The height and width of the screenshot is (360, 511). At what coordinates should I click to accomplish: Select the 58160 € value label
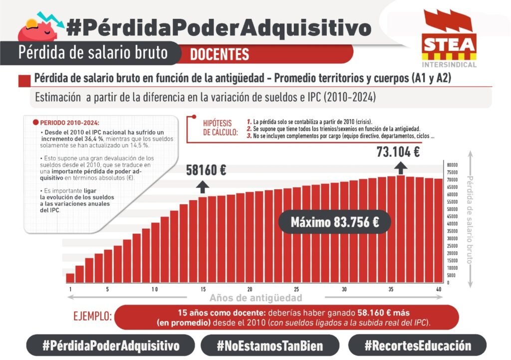tap(206, 170)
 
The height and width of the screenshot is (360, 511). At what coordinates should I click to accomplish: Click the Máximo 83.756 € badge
tap(335, 222)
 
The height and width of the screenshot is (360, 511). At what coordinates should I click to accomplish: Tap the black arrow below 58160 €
tap(203, 187)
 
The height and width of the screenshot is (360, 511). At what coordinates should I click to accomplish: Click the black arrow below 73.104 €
tap(401, 167)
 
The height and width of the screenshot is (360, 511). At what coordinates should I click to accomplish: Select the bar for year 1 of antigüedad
tap(70, 278)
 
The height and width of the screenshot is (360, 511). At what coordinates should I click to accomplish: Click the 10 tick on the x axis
tap(155, 290)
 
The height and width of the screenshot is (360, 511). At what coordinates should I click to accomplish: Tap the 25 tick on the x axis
tap(296, 290)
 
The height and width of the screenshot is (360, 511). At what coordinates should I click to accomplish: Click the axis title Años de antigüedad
tap(255, 298)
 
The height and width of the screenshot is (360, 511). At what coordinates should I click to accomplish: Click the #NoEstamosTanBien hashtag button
tap(270, 346)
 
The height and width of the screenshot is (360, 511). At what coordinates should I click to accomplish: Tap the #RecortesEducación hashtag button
tap(417, 346)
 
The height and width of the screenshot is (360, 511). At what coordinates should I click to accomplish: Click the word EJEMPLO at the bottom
tap(92, 317)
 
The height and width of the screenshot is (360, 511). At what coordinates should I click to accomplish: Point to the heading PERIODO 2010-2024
tap(68, 122)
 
